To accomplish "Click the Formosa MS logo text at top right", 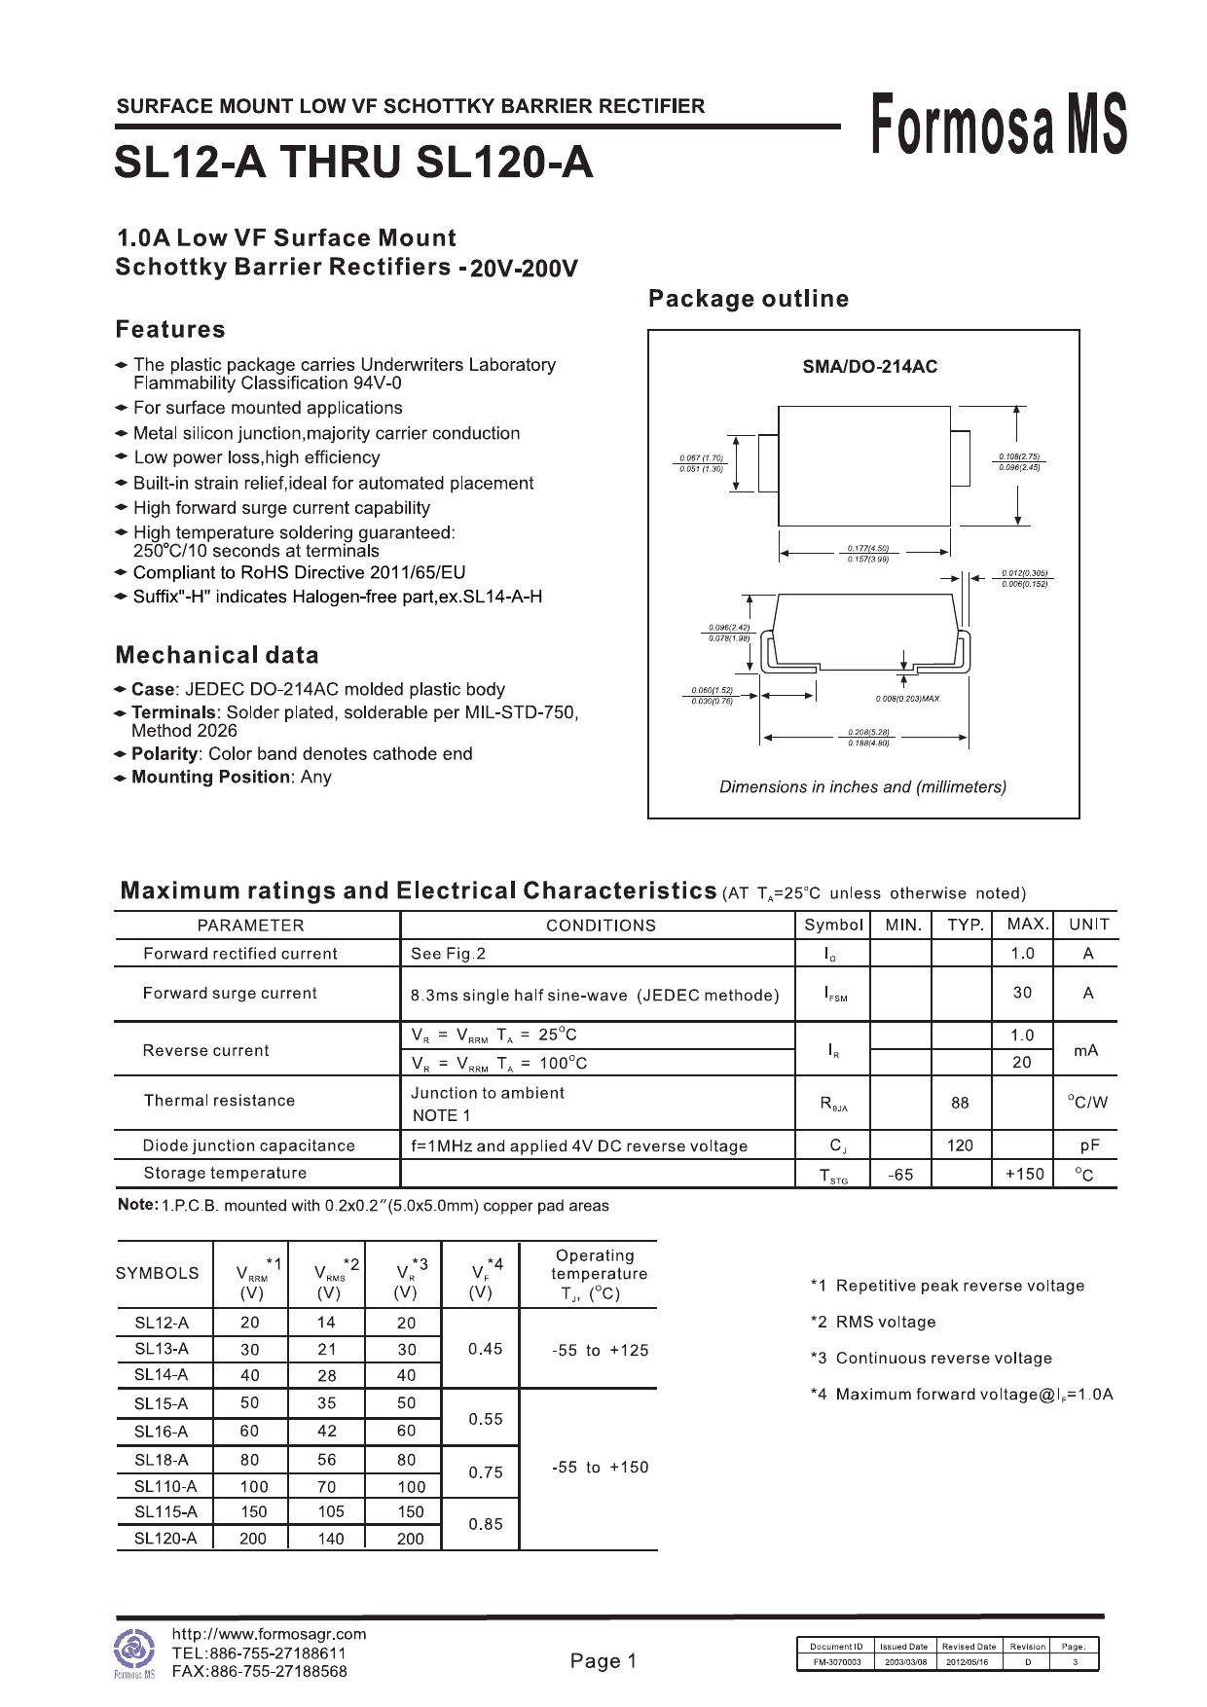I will point(999,125).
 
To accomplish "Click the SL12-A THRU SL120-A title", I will point(353,163).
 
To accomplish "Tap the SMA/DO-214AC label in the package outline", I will point(869,367).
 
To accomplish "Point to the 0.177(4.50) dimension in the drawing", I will point(867,549).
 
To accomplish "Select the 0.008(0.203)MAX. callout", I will point(908,699).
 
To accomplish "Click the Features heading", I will point(170,330).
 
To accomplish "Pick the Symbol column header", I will point(833,925).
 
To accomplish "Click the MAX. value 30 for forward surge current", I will point(1022,993).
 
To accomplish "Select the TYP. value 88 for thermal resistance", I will point(960,1103).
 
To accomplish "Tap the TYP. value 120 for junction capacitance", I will point(960,1145).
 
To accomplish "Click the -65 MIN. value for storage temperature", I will point(900,1175).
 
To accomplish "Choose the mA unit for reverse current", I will point(1086,1050).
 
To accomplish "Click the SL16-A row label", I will point(162,1432).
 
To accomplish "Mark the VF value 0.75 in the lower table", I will point(486,1472).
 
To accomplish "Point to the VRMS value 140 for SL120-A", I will point(331,1539).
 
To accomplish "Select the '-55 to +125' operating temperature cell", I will point(600,1350).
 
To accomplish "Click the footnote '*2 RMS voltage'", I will point(873,1322).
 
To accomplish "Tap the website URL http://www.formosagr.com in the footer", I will point(269,1634).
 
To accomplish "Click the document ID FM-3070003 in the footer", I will point(836,1662).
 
